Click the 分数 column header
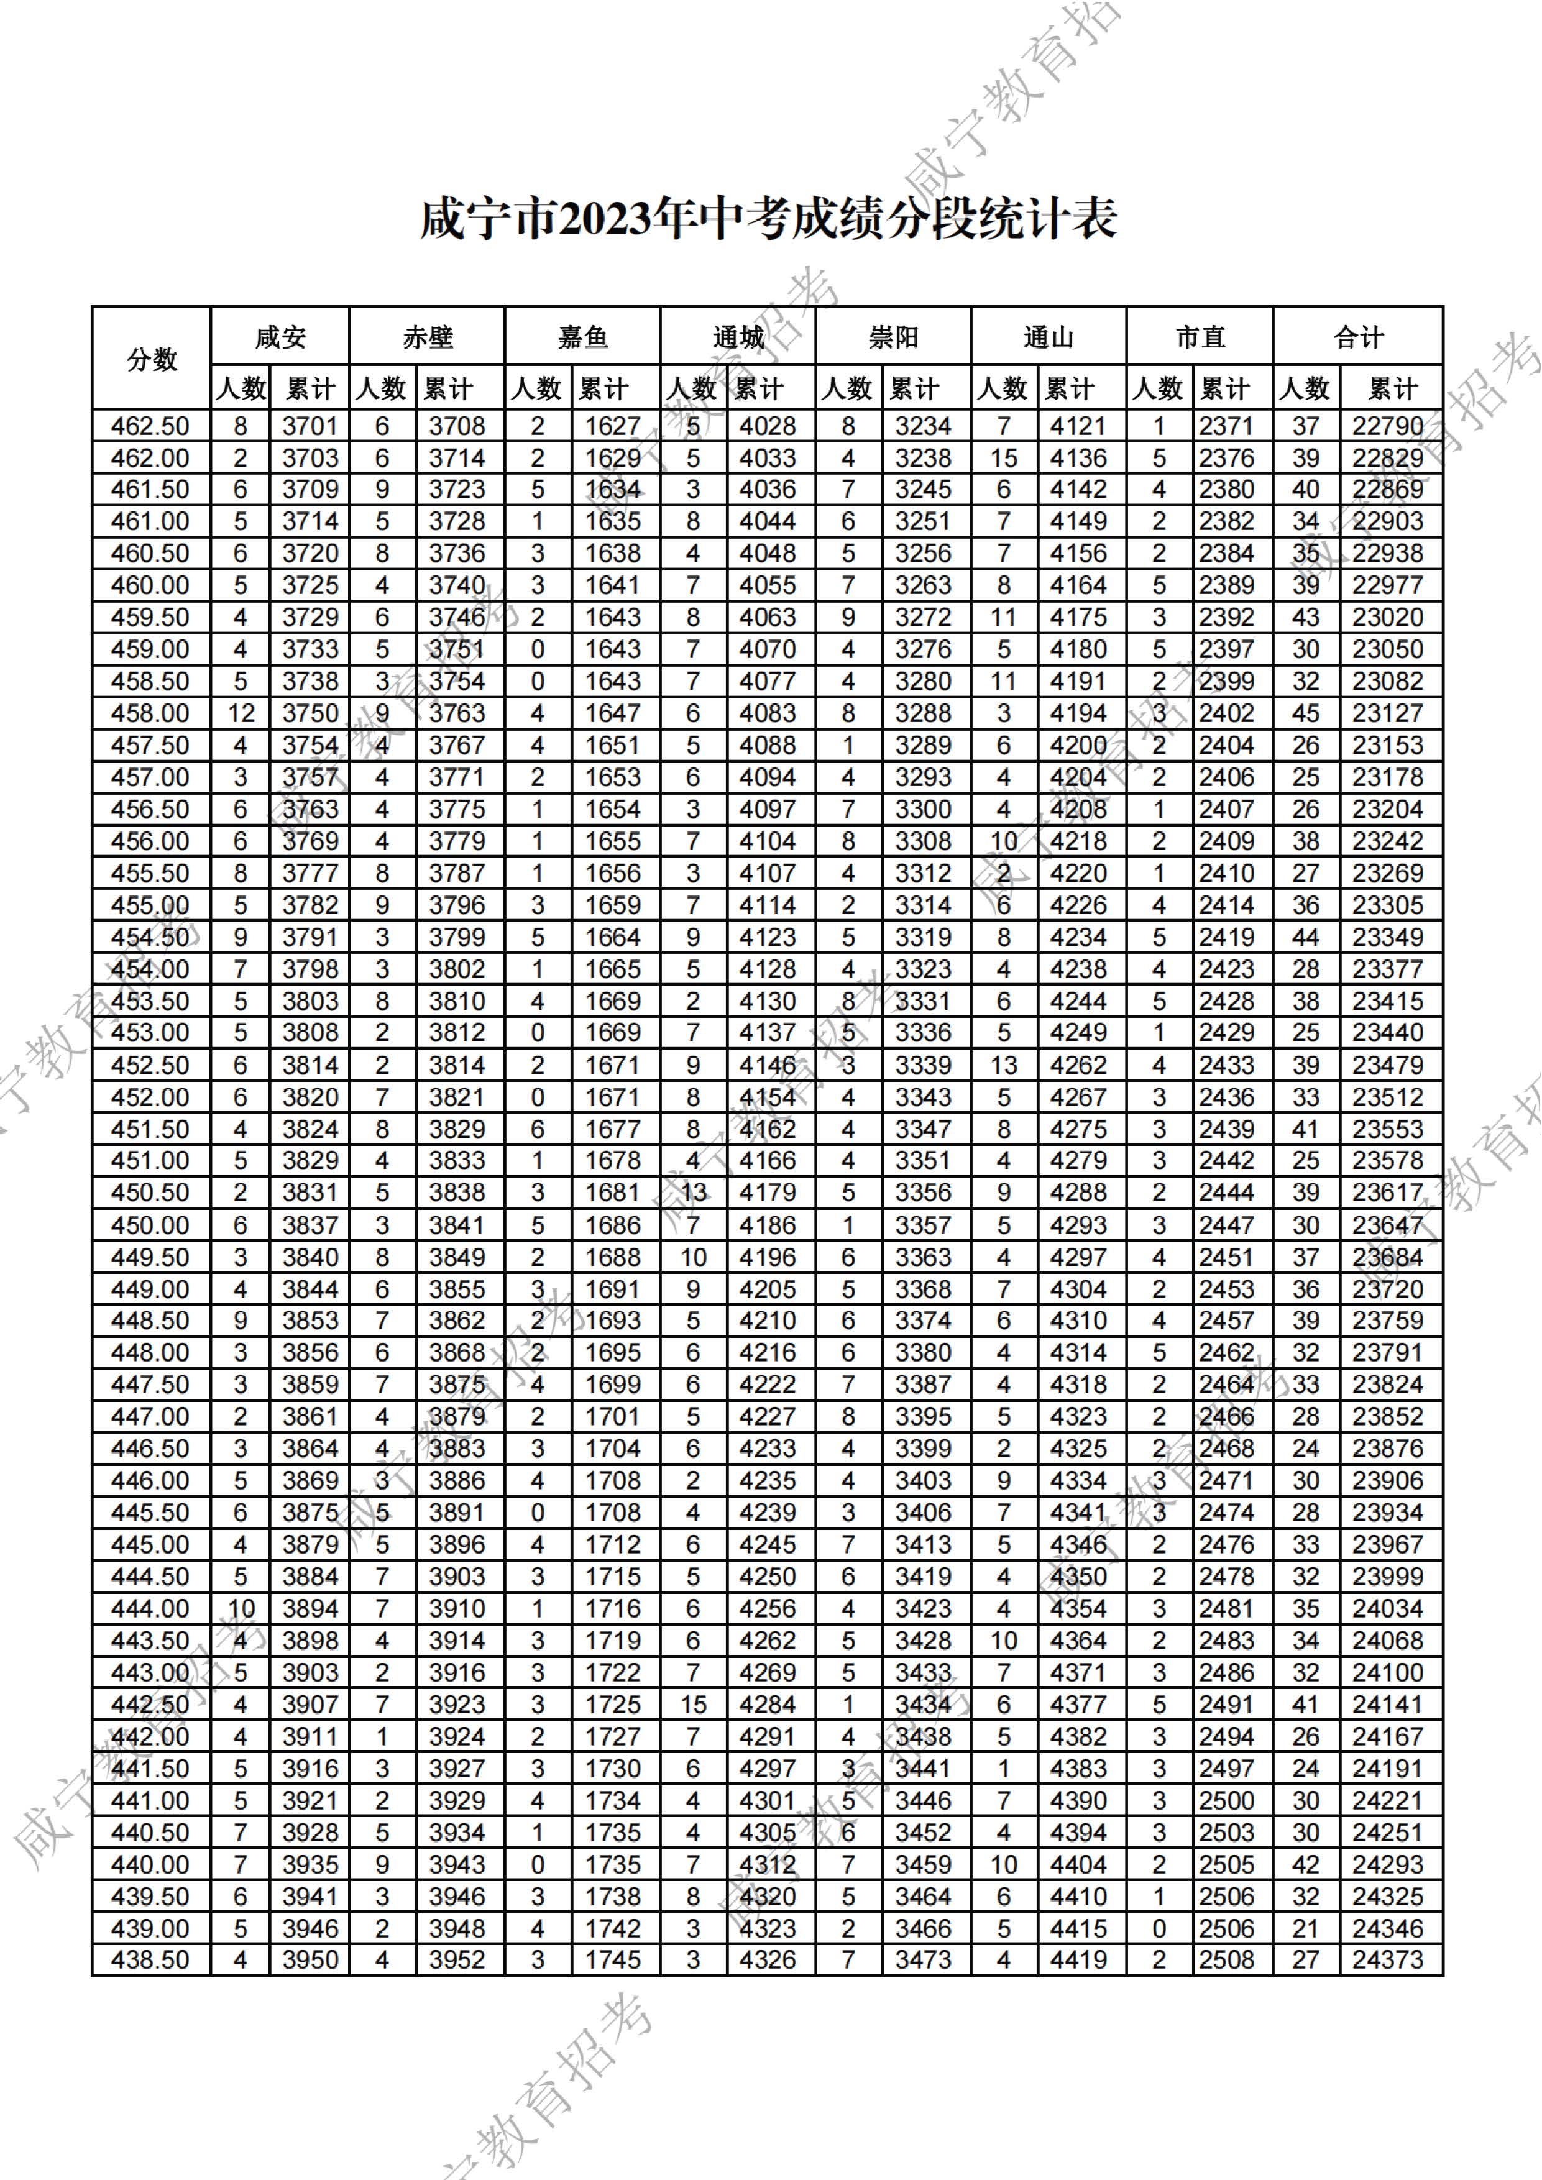click(151, 359)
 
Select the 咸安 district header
click(280, 337)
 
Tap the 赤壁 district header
click(427, 337)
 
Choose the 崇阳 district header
click(893, 337)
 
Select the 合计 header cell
click(1358, 337)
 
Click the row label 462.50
click(150, 426)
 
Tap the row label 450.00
click(150, 1225)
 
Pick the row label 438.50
click(150, 1960)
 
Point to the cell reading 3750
click(310, 713)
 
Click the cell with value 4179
click(767, 1193)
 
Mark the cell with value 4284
click(767, 1705)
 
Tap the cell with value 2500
click(1226, 1800)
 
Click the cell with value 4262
click(1078, 1065)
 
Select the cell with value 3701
click(310, 426)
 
